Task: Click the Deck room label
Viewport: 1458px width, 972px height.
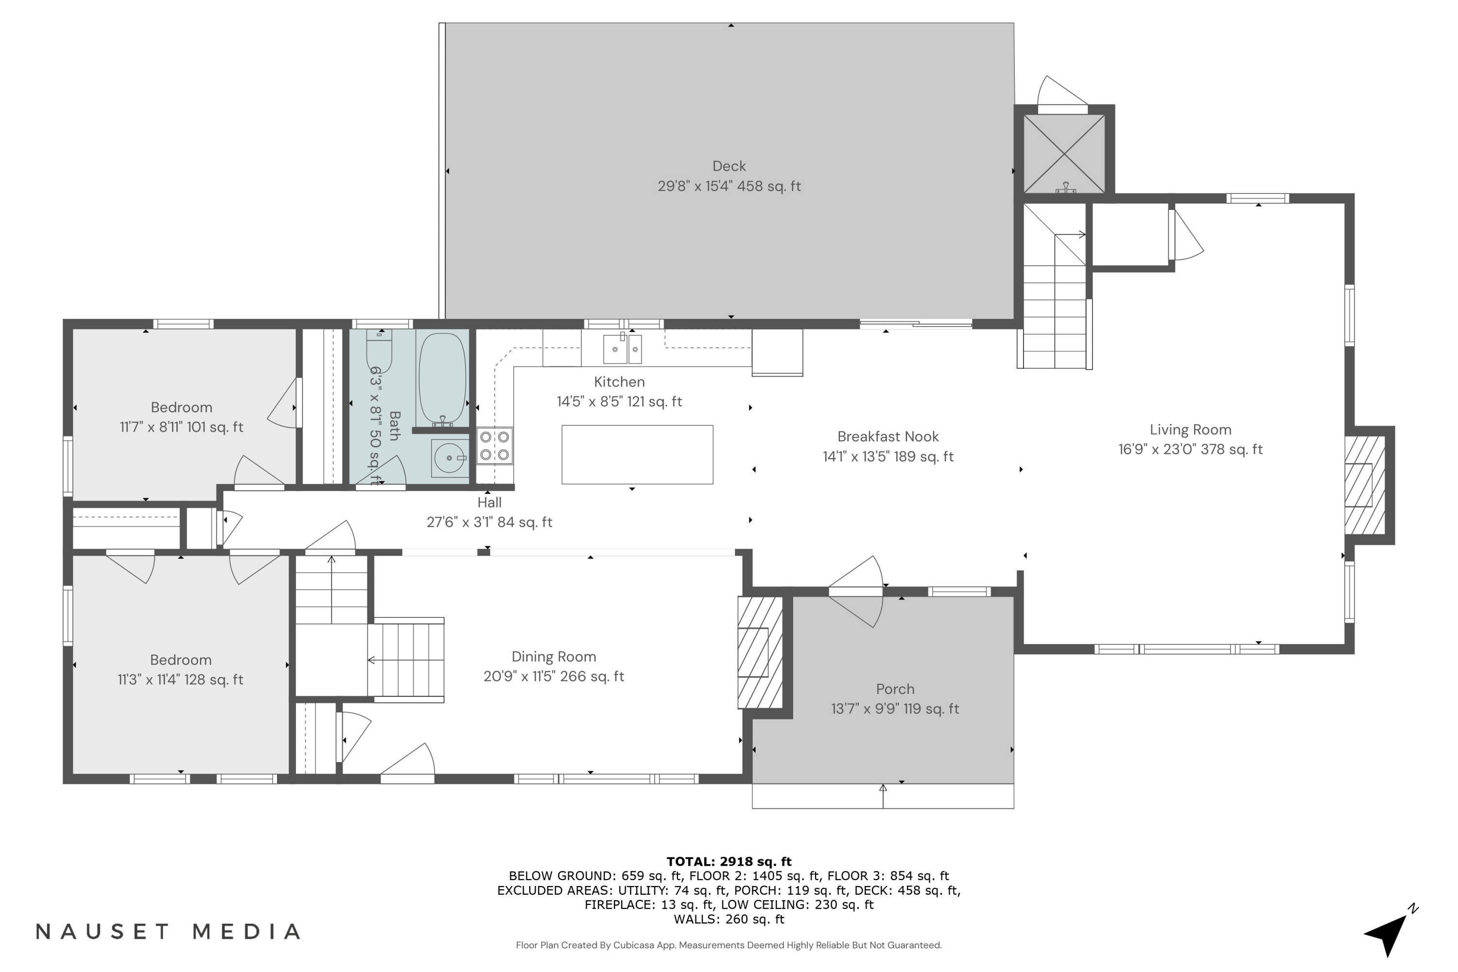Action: (729, 166)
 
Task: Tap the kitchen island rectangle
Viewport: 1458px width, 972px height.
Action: (637, 454)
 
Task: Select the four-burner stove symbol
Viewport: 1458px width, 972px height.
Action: (494, 446)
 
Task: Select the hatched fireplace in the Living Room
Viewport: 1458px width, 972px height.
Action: (1364, 485)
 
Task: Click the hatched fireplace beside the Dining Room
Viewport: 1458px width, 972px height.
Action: (759, 652)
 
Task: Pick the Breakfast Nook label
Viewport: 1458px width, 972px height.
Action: (888, 436)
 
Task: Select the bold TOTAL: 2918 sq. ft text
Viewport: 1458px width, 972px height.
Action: (729, 862)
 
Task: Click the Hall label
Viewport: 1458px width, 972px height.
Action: (489, 502)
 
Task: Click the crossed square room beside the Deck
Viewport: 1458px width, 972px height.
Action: (1064, 153)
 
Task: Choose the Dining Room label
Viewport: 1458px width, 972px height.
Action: (554, 657)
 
